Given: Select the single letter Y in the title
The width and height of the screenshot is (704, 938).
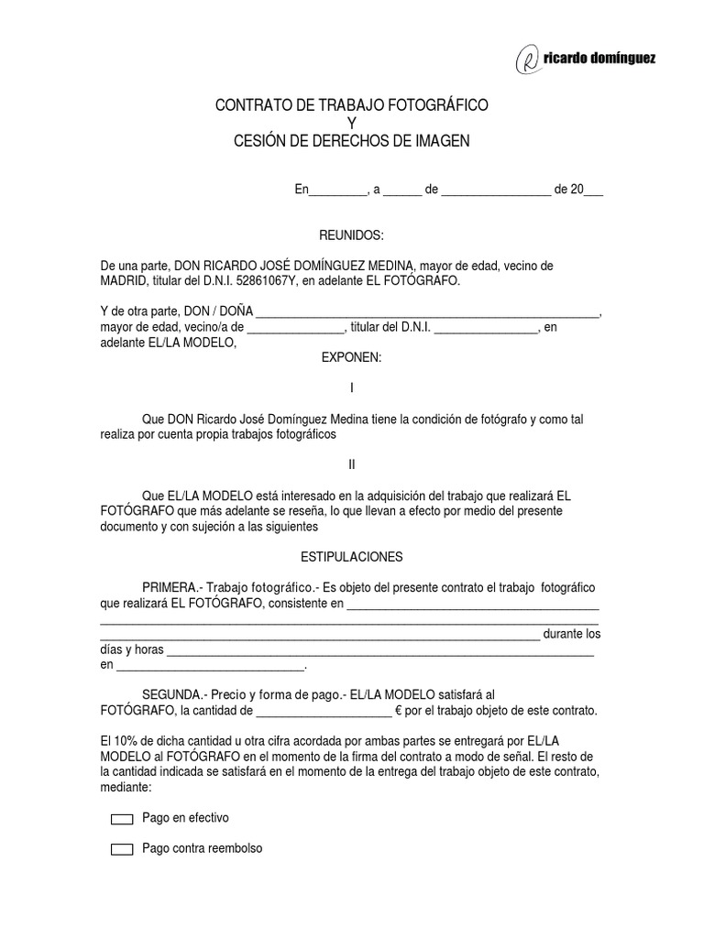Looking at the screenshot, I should (351, 124).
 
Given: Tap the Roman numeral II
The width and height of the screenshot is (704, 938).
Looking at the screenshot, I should (351, 464).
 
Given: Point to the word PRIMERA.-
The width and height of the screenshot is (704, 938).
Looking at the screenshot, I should (172, 587).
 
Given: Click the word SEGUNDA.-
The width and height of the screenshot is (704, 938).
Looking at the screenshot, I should (174, 694).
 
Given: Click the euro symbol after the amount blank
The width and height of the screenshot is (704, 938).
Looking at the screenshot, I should (399, 710).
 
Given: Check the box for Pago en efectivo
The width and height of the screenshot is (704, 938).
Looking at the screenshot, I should (122, 819).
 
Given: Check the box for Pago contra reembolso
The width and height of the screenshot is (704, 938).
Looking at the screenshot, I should (122, 850).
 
